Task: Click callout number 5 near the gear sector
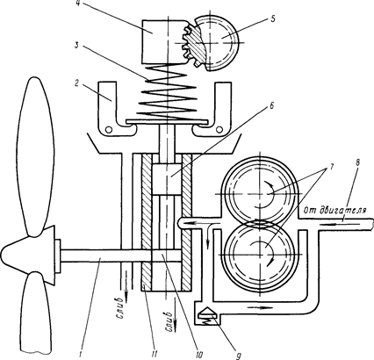coord(272,19)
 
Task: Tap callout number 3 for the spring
coord(76,47)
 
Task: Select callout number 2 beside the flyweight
coord(76,84)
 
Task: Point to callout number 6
coord(271,106)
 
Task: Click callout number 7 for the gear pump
coord(331,166)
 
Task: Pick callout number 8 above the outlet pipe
coord(358,163)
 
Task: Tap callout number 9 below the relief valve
coord(238,356)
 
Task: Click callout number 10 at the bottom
coord(198,355)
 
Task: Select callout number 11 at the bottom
coord(155,355)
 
